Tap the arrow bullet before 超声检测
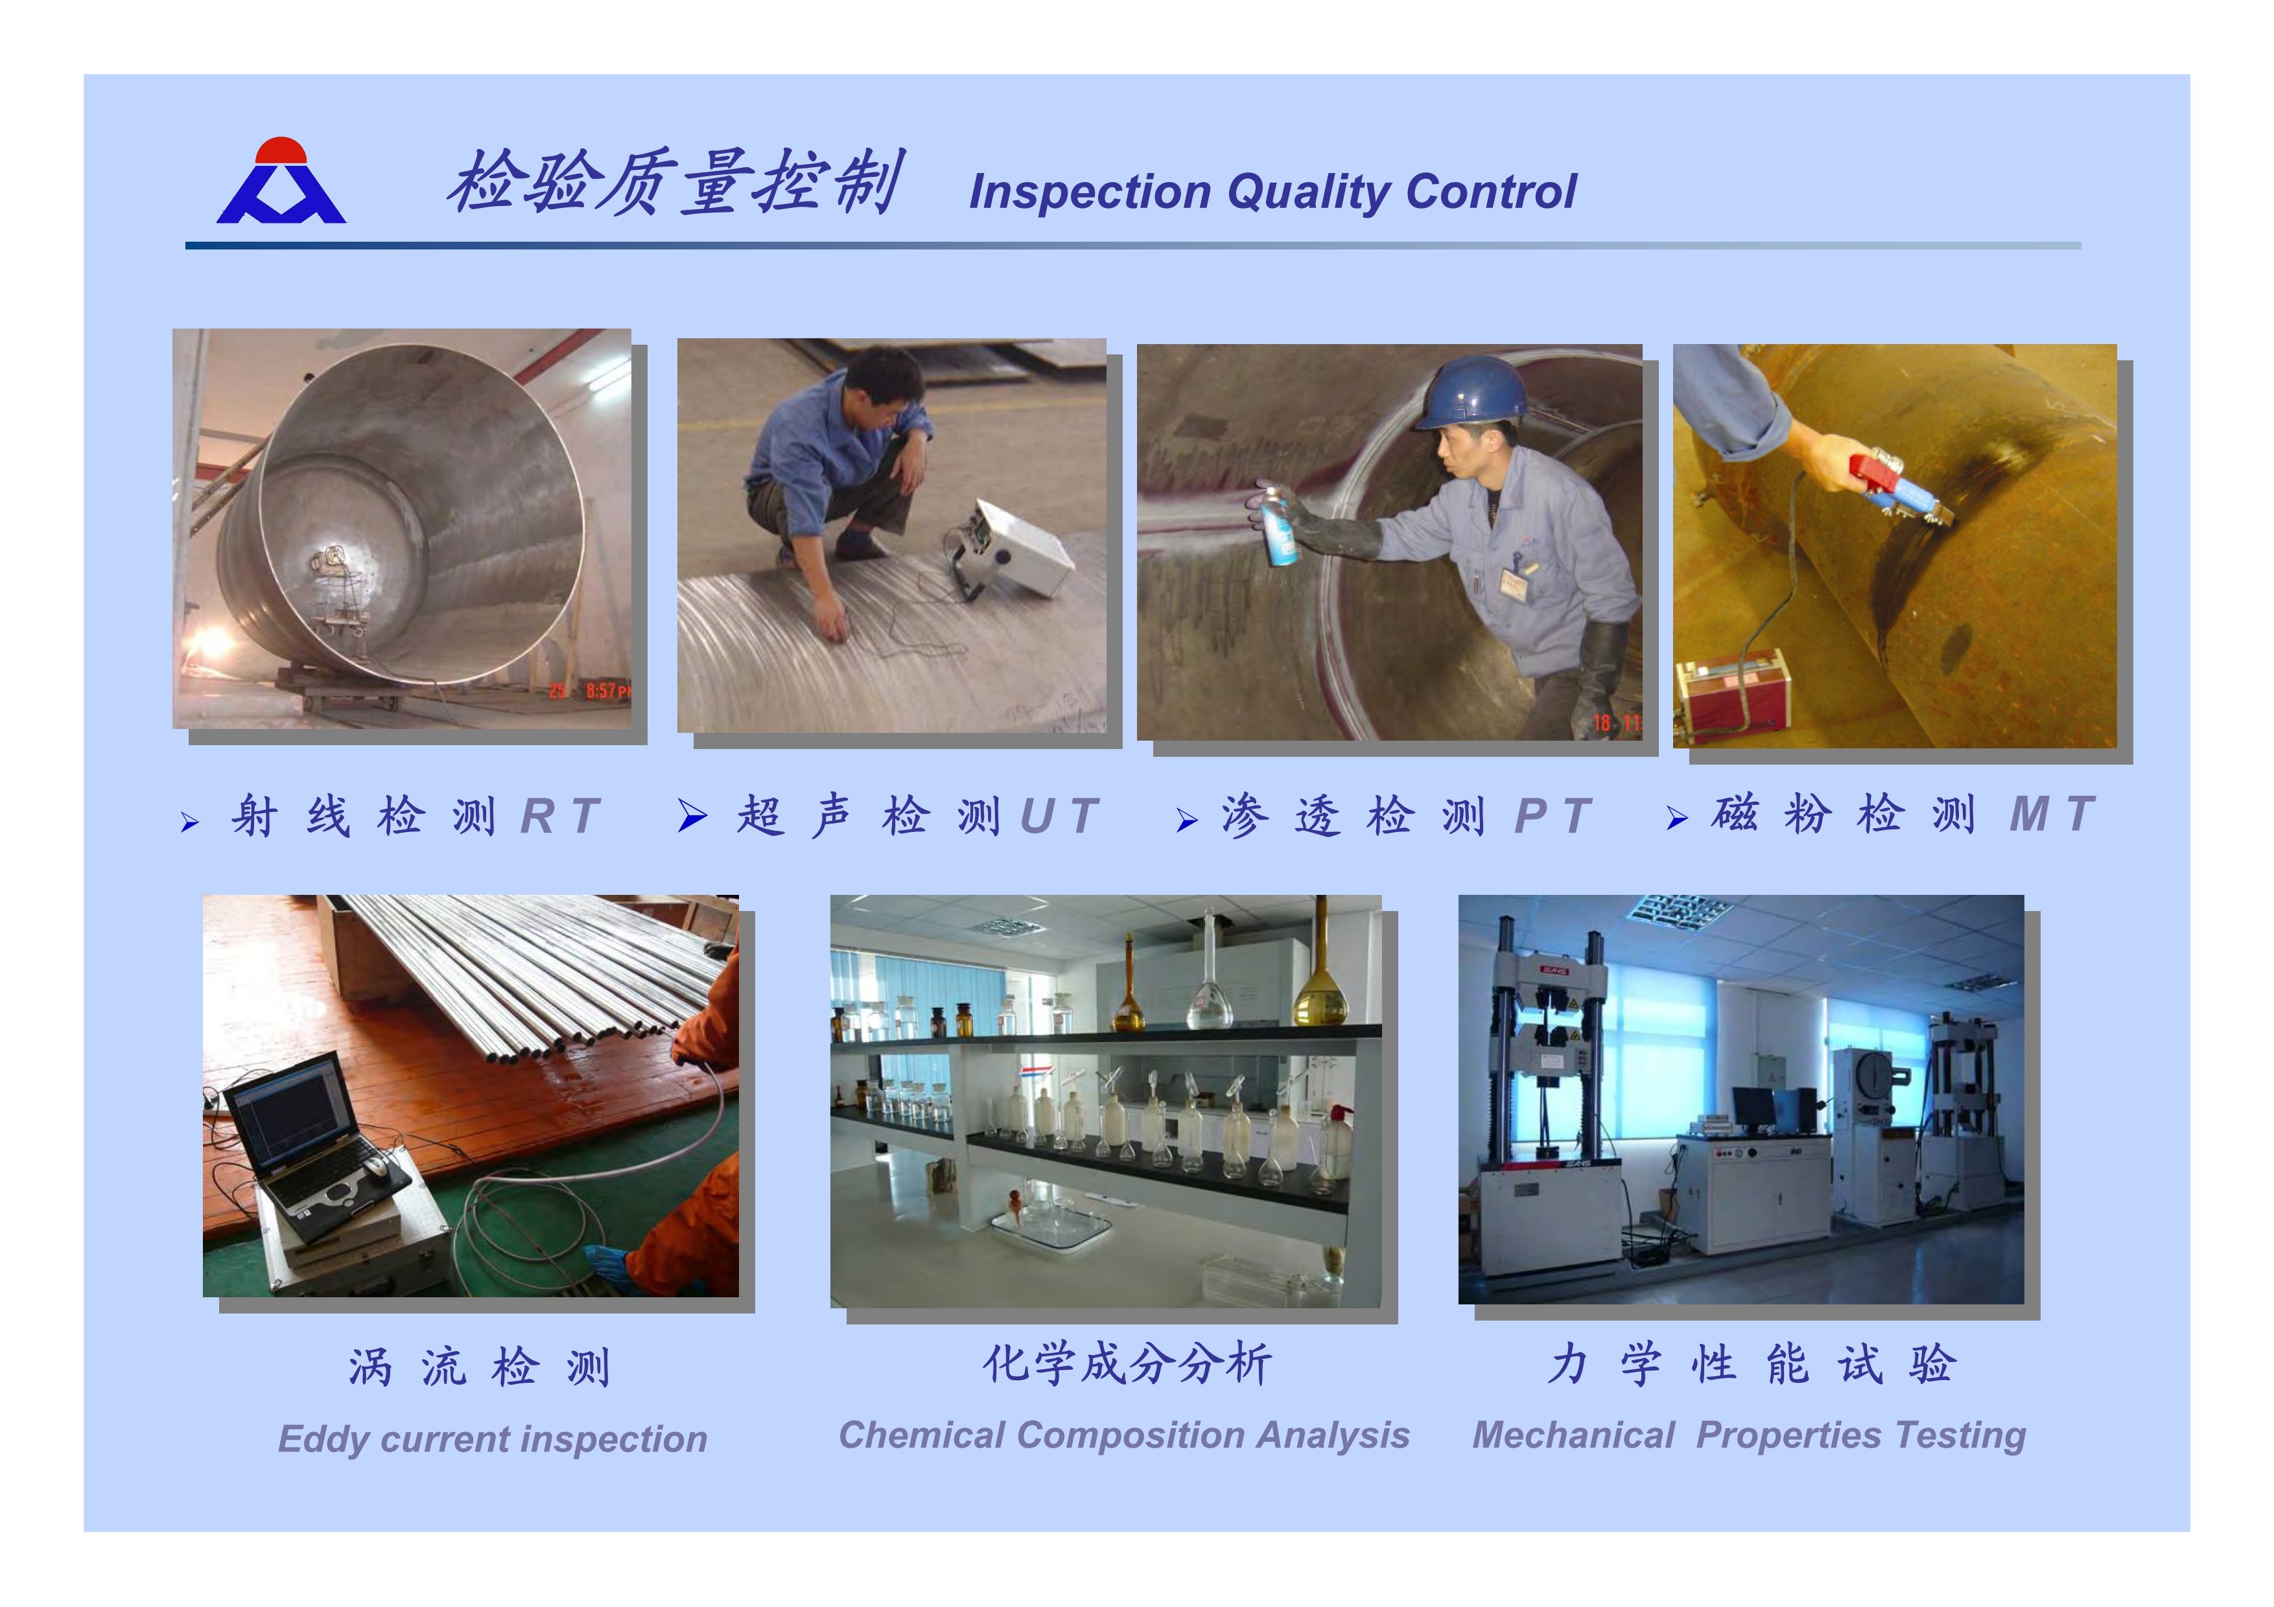[x=692, y=816]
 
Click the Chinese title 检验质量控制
[x=674, y=182]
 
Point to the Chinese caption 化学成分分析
[x=1127, y=1365]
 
